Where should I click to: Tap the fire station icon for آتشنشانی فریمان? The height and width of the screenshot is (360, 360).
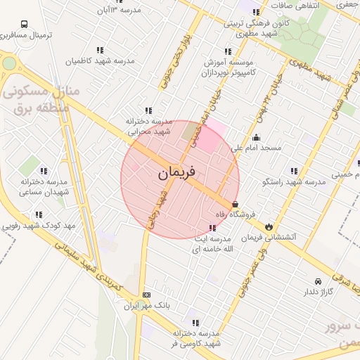coord(268,226)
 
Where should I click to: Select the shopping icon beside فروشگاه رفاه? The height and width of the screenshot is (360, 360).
coord(234,204)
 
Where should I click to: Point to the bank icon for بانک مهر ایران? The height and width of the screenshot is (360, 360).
coord(146,295)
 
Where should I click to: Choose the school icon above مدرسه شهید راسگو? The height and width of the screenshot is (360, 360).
coord(293,171)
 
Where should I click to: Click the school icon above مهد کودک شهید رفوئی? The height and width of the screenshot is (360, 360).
coord(37,214)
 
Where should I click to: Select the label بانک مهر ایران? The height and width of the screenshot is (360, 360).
coord(148,306)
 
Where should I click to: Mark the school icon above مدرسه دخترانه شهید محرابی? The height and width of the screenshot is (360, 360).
coord(148,110)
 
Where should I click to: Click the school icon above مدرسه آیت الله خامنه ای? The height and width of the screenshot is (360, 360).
coord(212,227)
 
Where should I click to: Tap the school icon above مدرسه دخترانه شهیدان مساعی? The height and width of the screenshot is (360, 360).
coord(44,170)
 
